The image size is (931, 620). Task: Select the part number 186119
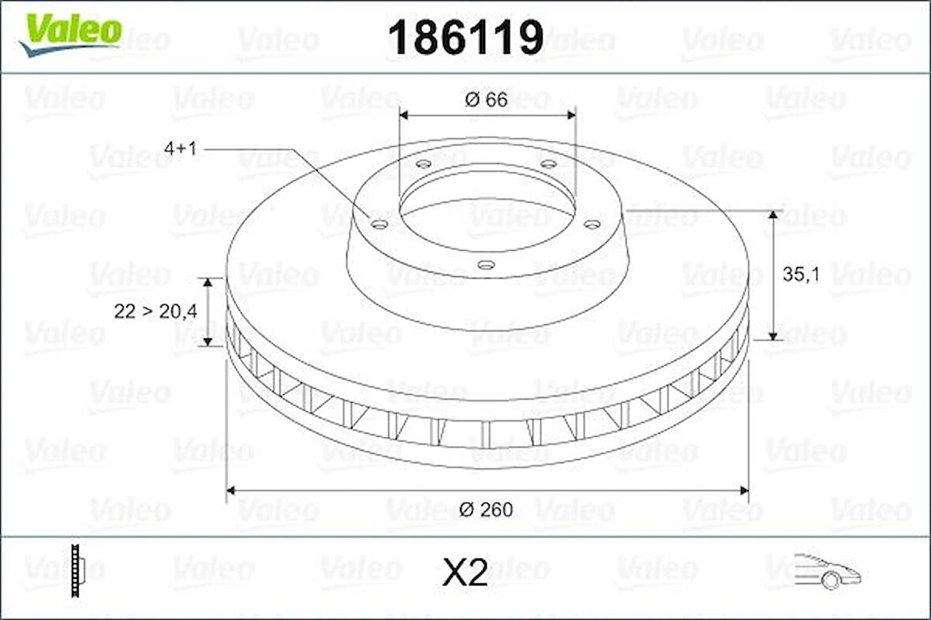(466, 37)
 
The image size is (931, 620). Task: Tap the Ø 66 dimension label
(486, 99)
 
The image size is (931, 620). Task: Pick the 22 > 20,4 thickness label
(155, 312)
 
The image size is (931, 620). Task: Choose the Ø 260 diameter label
(486, 510)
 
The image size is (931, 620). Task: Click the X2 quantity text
(465, 573)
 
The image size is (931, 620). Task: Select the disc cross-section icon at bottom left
(77, 570)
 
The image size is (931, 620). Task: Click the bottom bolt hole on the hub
(488, 265)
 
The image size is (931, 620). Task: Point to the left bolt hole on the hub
(380, 225)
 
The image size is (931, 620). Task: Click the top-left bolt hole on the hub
(424, 164)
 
